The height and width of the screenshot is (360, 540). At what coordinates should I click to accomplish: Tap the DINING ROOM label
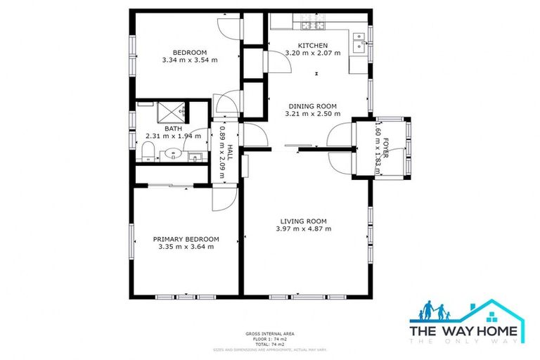point(314,105)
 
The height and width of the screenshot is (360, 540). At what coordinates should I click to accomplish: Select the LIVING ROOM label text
point(303,221)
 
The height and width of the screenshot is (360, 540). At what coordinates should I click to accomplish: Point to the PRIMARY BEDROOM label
point(186,239)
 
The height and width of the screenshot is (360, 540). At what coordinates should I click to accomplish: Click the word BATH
point(173,129)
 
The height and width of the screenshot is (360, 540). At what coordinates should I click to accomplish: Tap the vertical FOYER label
point(385,146)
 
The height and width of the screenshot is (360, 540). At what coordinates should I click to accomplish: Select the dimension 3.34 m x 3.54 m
point(189,60)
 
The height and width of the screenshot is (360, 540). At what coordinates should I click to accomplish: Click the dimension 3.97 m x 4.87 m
point(303,229)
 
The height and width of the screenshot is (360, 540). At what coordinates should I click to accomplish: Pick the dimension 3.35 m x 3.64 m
point(186,247)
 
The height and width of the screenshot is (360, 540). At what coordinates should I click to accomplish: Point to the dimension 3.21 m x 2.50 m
point(314,113)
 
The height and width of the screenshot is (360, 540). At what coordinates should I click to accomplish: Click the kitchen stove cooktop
point(311,27)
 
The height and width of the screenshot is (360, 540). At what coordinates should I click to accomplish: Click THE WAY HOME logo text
point(465,330)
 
